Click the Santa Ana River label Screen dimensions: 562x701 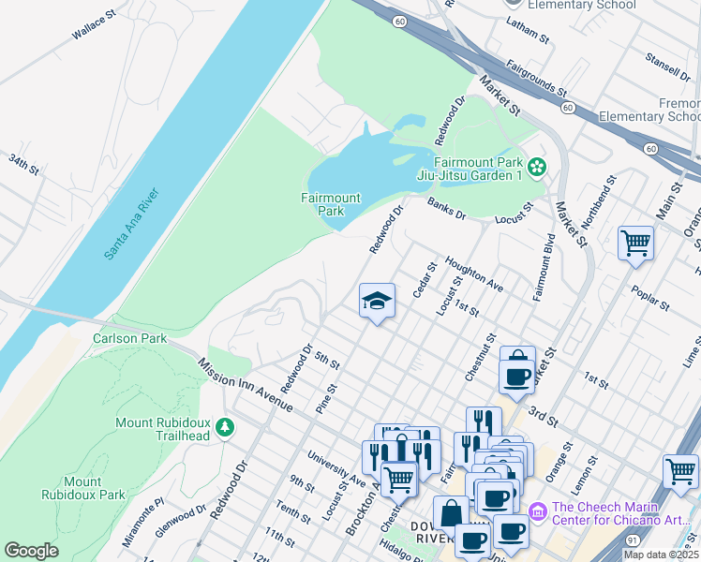tap(132, 225)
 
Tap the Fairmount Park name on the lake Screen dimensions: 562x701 tap(330, 204)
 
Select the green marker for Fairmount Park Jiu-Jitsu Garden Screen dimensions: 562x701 tap(537, 168)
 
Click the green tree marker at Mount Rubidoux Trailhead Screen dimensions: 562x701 tap(224, 428)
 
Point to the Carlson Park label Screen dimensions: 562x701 tap(128, 338)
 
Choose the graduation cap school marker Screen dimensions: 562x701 tap(377, 302)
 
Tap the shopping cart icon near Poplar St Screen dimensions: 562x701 tap(635, 244)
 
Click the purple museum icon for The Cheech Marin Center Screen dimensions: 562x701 tap(537, 511)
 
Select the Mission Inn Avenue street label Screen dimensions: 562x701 tap(246, 385)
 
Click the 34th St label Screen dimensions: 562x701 tap(23, 165)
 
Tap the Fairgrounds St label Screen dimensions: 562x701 tap(537, 80)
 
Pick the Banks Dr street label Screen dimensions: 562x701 tap(447, 209)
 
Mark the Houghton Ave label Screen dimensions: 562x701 tap(474, 274)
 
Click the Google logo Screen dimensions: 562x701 tap(31, 551)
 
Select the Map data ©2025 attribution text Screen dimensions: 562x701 tap(661, 555)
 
